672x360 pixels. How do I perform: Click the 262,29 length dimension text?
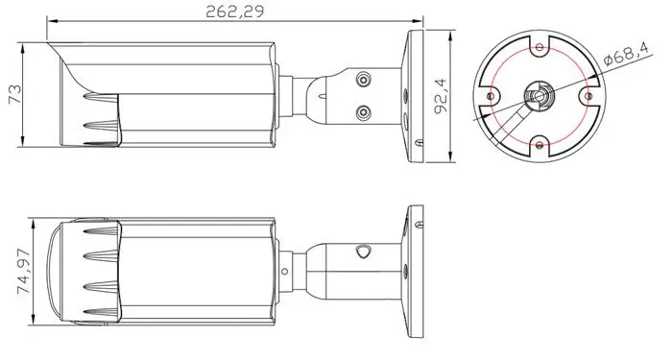coord(234,12)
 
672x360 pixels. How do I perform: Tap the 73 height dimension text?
coord(14,94)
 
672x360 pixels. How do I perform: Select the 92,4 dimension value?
coord(440,96)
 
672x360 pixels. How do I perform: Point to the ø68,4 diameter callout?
coord(627,54)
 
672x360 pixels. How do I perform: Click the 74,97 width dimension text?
coord(24,272)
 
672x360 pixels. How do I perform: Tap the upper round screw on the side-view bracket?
coord(364,80)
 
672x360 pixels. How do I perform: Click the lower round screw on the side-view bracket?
coord(364,112)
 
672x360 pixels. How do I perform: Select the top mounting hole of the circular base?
coord(540,47)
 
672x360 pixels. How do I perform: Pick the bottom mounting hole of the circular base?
coord(540,145)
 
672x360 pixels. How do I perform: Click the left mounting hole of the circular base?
coord(492,96)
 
